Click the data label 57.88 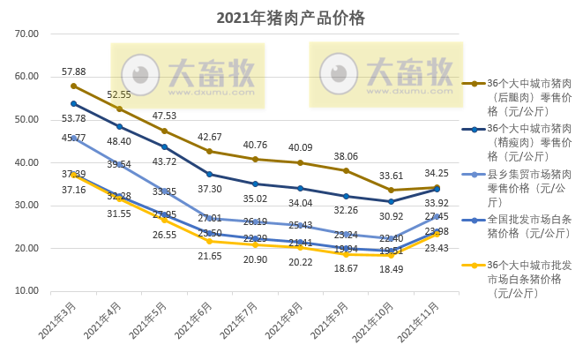click(73, 71)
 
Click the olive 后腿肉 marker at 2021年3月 click(74, 86)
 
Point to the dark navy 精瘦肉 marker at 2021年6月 click(210, 174)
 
